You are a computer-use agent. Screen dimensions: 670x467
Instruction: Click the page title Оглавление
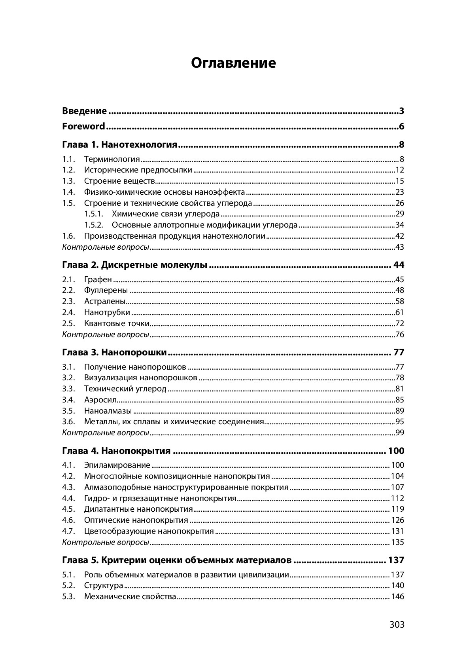[x=233, y=63]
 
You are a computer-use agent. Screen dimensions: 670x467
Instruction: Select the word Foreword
[x=83, y=127]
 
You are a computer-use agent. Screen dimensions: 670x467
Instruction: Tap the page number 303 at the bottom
[x=397, y=624]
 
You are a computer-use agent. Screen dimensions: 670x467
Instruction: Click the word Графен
[x=98, y=280]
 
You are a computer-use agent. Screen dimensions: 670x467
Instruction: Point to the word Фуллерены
[x=106, y=290]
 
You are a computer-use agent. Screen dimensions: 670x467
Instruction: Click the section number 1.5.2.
[x=94, y=225]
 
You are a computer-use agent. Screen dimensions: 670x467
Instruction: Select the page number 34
[x=399, y=225]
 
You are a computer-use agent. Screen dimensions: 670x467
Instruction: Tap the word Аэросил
[x=100, y=400]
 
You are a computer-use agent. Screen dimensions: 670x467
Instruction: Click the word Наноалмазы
[x=108, y=411]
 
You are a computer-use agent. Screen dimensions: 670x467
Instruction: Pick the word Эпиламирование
[x=117, y=465]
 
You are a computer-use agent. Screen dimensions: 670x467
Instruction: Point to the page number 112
[x=397, y=498]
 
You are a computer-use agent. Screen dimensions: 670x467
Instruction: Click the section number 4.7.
[x=68, y=531]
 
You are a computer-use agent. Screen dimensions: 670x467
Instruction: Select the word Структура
[x=104, y=586]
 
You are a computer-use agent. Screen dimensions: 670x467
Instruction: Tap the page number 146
[x=397, y=597]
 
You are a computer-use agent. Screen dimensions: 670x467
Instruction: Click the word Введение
[x=84, y=111]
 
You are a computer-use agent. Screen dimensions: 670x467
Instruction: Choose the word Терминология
[x=112, y=159]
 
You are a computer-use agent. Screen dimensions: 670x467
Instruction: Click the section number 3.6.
[x=68, y=422]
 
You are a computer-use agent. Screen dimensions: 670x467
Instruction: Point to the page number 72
[x=399, y=324]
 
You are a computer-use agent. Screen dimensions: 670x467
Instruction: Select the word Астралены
[x=105, y=302]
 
